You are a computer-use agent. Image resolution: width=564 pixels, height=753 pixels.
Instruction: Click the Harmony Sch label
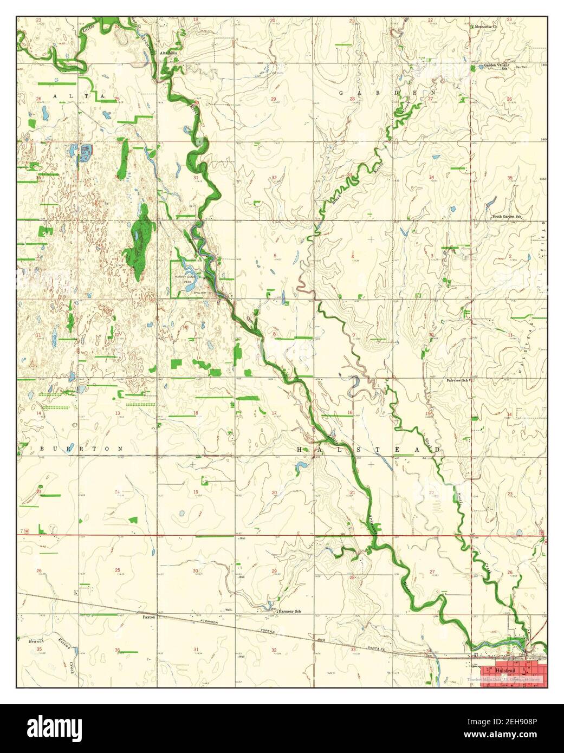[x=290, y=611]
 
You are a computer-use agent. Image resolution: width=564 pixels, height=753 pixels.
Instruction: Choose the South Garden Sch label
[x=506, y=217]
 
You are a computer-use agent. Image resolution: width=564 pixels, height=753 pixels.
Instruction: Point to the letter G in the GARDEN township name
[x=342, y=93]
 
